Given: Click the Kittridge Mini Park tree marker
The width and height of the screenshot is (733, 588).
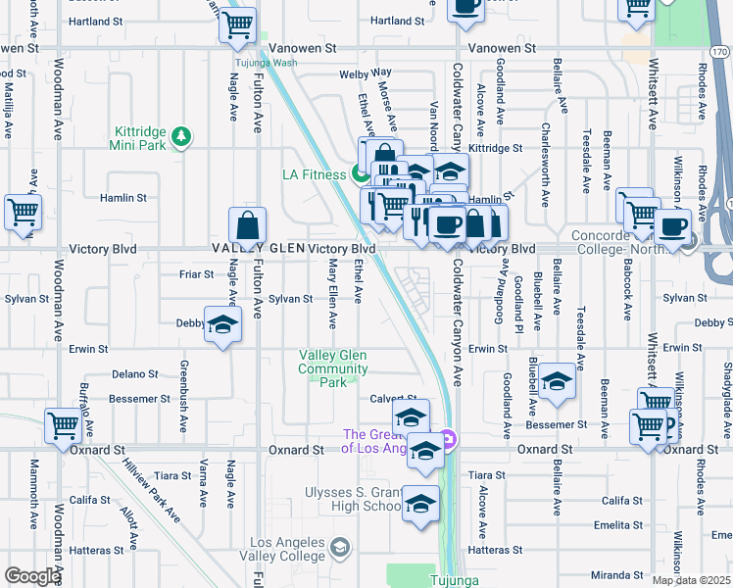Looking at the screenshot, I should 180,138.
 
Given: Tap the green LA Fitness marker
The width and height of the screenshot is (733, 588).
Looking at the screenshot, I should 360,175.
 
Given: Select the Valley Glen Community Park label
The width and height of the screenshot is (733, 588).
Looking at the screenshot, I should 334,368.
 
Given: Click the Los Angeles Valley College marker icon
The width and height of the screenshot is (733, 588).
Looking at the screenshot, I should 340,547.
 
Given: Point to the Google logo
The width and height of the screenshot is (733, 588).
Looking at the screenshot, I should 32,576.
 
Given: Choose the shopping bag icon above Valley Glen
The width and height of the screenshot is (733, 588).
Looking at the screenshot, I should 248,227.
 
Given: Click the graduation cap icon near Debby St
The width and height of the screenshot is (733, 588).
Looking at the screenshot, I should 222,325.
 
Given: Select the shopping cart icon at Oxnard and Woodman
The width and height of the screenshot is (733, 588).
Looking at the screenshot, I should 63,428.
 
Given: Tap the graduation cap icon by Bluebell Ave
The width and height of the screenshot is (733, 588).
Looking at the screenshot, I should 557,383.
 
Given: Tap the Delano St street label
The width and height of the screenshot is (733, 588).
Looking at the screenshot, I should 134,373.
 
